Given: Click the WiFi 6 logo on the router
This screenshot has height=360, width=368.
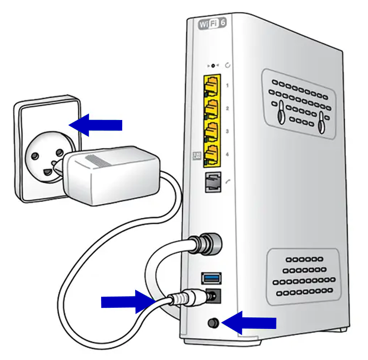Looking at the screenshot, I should pyautogui.click(x=212, y=24).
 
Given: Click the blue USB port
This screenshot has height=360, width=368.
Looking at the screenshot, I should pyautogui.click(x=212, y=276).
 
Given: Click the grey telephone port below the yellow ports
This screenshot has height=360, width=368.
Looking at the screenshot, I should pyautogui.click(x=212, y=181).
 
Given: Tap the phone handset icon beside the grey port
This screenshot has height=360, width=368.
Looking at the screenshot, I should pyautogui.click(x=228, y=182).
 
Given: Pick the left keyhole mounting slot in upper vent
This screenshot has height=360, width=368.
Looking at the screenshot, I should pyautogui.click(x=281, y=111).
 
